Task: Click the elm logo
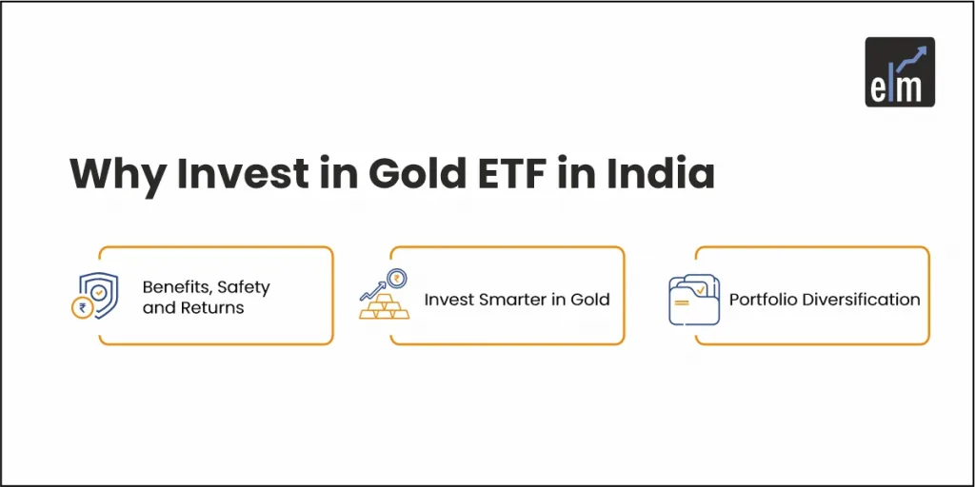tap(899, 71)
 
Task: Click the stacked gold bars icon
tap(383, 305)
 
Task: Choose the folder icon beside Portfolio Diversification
tap(693, 300)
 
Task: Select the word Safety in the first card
tap(246, 286)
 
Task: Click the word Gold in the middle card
tap(590, 299)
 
